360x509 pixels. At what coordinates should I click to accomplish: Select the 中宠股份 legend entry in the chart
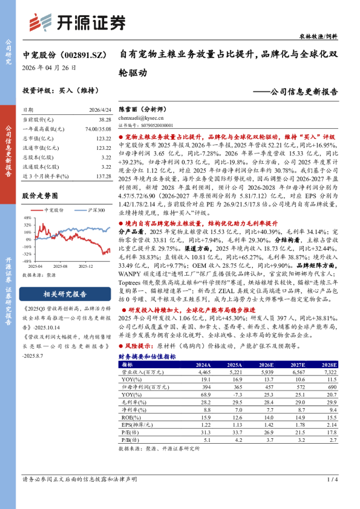[x=54, y=210]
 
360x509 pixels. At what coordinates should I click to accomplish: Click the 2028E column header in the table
[x=329, y=365]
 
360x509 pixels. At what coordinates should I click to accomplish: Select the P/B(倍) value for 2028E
[x=329, y=441]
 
